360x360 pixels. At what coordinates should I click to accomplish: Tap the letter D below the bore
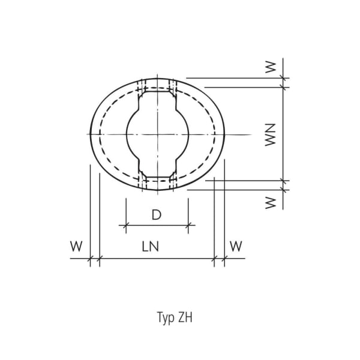pos(156,215)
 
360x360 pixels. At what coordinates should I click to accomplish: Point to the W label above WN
pos(270,67)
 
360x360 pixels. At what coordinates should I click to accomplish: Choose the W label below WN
pos(270,202)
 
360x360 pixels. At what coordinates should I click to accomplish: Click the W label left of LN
pos(76,247)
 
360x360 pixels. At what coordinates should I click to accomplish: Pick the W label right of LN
pos(236,247)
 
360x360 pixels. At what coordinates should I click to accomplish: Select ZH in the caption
pos(185,317)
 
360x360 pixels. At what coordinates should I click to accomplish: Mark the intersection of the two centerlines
pos(157,134)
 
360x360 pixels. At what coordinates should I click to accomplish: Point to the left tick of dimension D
pos(126,226)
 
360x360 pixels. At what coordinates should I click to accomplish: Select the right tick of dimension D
pos(188,226)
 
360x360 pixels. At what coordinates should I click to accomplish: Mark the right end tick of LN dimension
pos(214,259)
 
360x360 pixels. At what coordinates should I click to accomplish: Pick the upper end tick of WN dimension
pos(283,87)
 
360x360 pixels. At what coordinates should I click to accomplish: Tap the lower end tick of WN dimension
pos(283,181)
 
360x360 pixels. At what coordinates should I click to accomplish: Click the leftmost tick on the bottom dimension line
pos(90,259)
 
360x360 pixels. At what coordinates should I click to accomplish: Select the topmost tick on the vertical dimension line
pos(283,77)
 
